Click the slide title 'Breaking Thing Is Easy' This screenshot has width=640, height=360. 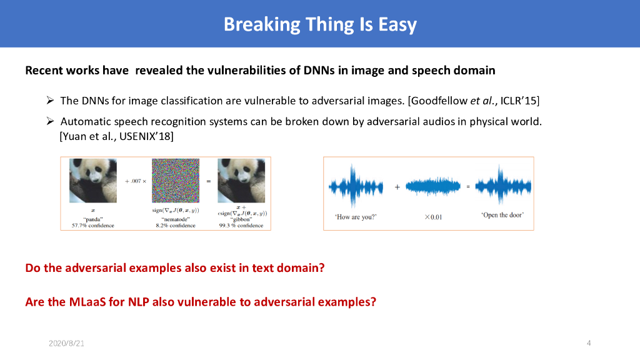click(x=320, y=24)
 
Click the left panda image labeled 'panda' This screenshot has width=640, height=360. click(x=93, y=181)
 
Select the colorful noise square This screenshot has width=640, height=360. click(x=176, y=181)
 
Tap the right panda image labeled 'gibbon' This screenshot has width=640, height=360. click(x=241, y=181)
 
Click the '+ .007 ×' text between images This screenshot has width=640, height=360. click(x=136, y=181)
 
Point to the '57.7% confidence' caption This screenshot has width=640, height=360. click(x=93, y=225)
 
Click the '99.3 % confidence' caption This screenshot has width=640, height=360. click(x=241, y=225)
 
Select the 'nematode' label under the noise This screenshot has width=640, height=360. click(x=176, y=219)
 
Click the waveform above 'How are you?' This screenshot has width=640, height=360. click(x=356, y=187)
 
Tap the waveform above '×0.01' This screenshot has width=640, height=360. click(x=433, y=187)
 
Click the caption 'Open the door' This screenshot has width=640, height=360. click(x=502, y=215)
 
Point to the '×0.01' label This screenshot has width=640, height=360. click(x=433, y=217)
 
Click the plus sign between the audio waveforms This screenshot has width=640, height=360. click(x=397, y=187)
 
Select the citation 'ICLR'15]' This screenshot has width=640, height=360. click(x=519, y=101)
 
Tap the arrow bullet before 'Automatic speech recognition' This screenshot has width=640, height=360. click(x=50, y=121)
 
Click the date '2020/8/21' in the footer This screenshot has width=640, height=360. click(x=66, y=343)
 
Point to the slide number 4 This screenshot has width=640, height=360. click(x=589, y=343)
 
